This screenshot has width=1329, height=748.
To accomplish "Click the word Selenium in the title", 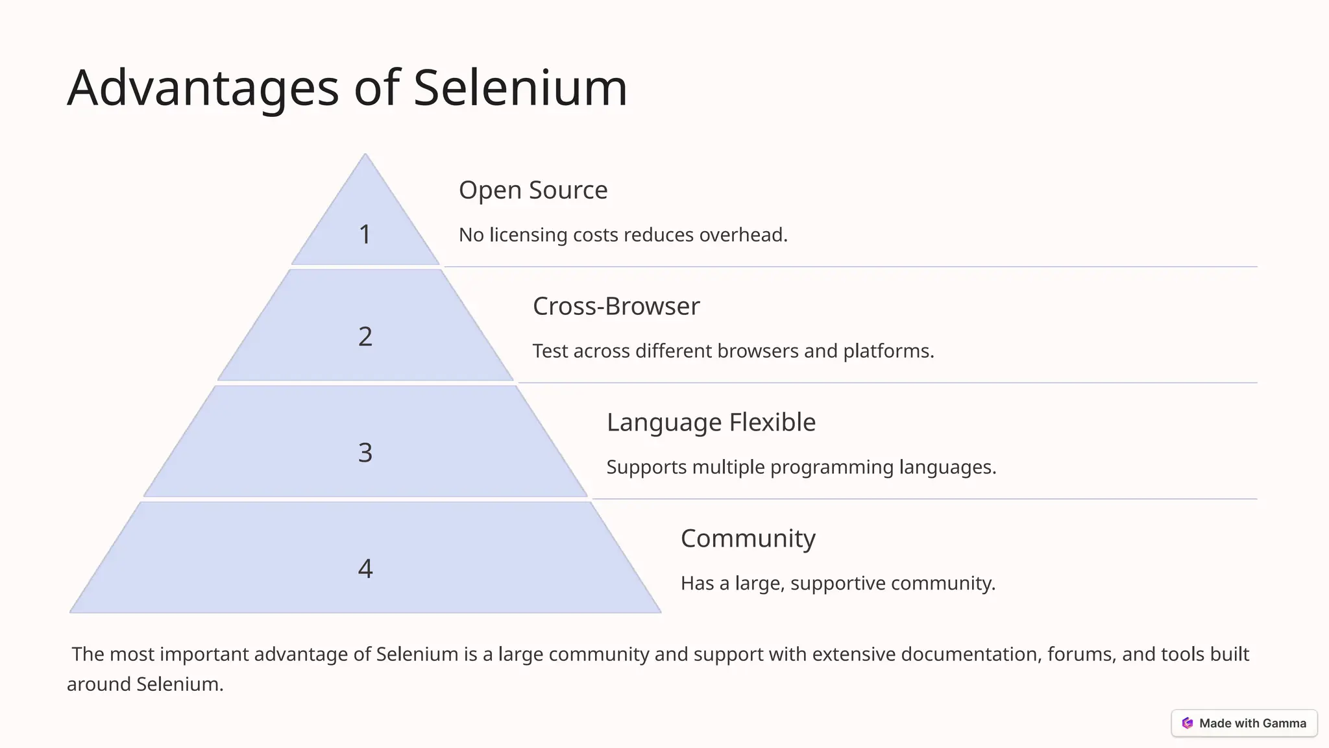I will pyautogui.click(x=520, y=88).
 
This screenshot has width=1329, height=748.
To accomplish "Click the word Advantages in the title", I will pyautogui.click(x=202, y=89).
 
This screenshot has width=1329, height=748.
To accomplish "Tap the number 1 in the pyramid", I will pyautogui.click(x=365, y=234).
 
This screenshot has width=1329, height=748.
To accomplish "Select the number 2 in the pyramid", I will pyautogui.click(x=365, y=336).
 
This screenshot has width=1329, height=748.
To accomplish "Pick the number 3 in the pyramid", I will pyautogui.click(x=365, y=453).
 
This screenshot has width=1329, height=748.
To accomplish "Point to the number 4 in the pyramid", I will pyautogui.click(x=365, y=569).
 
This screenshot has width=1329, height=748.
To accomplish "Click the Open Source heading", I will pyautogui.click(x=533, y=190).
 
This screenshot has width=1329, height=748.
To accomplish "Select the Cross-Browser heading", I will pyautogui.click(x=616, y=306).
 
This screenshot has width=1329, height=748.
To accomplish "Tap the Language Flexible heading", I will pyautogui.click(x=711, y=423).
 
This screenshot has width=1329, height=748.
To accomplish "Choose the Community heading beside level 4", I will pyautogui.click(x=748, y=539).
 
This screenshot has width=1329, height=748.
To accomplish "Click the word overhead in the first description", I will pyautogui.click(x=742, y=235).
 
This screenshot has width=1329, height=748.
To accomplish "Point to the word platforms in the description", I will pyautogui.click(x=888, y=351).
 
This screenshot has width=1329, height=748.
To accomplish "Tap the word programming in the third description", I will pyautogui.click(x=831, y=467).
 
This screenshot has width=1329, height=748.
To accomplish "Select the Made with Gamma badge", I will pyautogui.click(x=1244, y=723).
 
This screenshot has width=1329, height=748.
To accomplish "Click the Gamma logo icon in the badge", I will pyautogui.click(x=1188, y=723).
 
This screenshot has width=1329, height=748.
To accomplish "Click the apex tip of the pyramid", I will pyautogui.click(x=365, y=156).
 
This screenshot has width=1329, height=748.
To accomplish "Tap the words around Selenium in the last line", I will pyautogui.click(x=145, y=684).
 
